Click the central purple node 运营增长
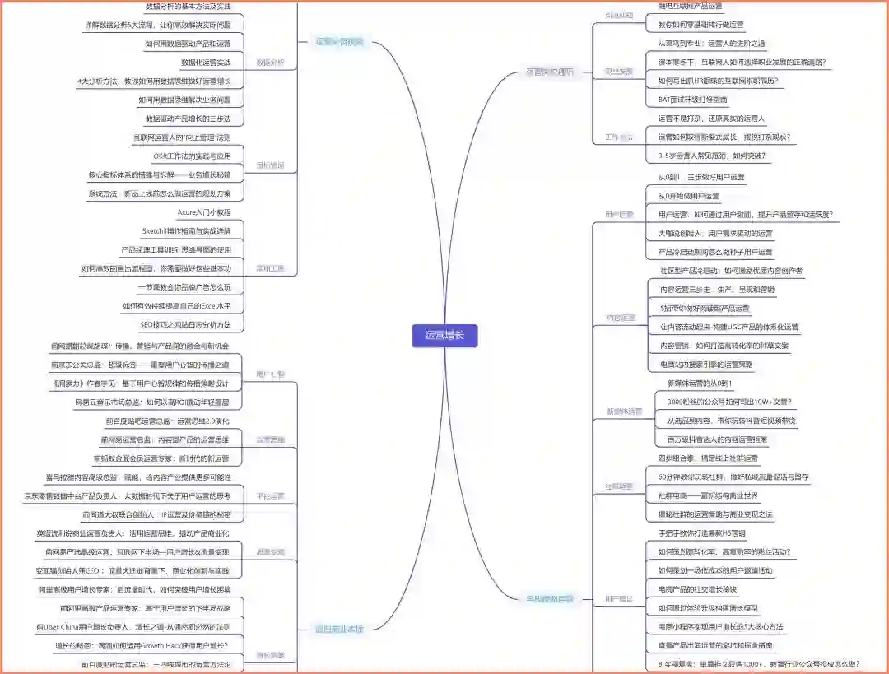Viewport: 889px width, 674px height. [444, 336]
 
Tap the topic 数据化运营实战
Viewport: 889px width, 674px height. [206, 63]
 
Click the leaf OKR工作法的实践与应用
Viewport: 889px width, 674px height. [192, 156]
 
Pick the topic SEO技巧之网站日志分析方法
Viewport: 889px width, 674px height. [185, 325]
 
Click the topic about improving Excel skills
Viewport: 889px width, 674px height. [176, 306]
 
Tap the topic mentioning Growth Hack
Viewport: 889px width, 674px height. [141, 645]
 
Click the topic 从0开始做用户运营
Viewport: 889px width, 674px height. [689, 196]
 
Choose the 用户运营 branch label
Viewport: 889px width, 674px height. [620, 215]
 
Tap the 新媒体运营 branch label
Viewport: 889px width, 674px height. [625, 411]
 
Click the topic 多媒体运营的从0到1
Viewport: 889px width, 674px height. [700, 383]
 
